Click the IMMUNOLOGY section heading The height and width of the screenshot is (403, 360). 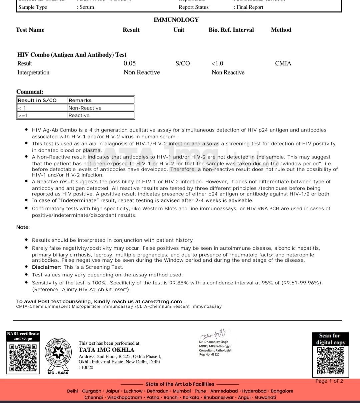click(x=176, y=20)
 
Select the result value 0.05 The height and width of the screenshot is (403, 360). click(x=130, y=63)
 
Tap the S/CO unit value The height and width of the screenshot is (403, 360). click(x=183, y=63)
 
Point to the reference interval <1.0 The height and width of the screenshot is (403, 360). click(x=217, y=63)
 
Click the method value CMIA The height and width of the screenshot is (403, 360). click(x=283, y=63)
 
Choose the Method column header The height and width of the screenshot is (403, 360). click(x=281, y=30)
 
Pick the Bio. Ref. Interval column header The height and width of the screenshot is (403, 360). click(x=231, y=30)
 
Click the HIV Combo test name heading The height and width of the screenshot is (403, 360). click(x=72, y=55)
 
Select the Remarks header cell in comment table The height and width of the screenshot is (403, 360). click(x=80, y=100)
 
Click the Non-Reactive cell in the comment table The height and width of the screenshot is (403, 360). click(x=85, y=108)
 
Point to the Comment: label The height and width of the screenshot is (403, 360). click(x=30, y=92)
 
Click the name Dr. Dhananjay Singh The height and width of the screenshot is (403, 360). click(x=214, y=342)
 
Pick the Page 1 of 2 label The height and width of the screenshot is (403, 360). click(x=329, y=381)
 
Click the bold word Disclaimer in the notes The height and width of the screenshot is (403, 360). click(x=46, y=267)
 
